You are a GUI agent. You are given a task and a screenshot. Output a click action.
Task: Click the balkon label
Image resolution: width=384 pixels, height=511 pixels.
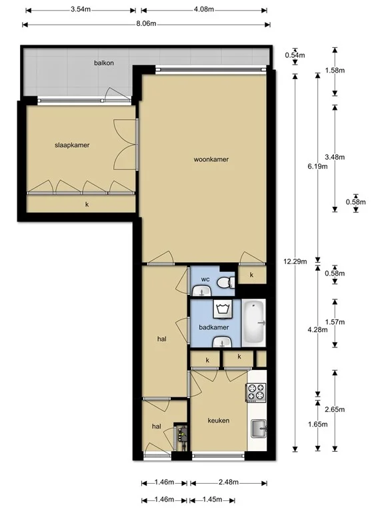tap(103, 63)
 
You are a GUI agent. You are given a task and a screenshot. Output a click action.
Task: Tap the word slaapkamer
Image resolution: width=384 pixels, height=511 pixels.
tap(72, 145)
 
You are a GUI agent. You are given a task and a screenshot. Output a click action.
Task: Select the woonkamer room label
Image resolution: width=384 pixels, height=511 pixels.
tap(211, 160)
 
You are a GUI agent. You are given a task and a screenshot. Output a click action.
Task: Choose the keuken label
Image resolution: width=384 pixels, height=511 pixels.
tap(218, 421)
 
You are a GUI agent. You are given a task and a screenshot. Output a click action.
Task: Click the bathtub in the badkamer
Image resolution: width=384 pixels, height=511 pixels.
tap(255, 323)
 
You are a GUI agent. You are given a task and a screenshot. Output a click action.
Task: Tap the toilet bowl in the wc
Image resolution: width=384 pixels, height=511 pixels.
tap(226, 283)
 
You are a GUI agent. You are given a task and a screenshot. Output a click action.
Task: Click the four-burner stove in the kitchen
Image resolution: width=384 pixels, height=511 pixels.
tap(257, 393)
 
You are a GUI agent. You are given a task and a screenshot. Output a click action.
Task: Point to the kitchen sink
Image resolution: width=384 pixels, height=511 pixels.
tap(257, 429)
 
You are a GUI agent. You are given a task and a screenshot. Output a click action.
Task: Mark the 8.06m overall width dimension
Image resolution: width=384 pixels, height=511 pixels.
tap(145, 24)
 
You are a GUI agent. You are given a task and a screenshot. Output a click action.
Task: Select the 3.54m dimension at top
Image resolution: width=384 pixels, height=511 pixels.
tap(80, 10)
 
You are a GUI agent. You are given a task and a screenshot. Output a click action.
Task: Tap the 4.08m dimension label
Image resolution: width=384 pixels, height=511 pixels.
tap(203, 10)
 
